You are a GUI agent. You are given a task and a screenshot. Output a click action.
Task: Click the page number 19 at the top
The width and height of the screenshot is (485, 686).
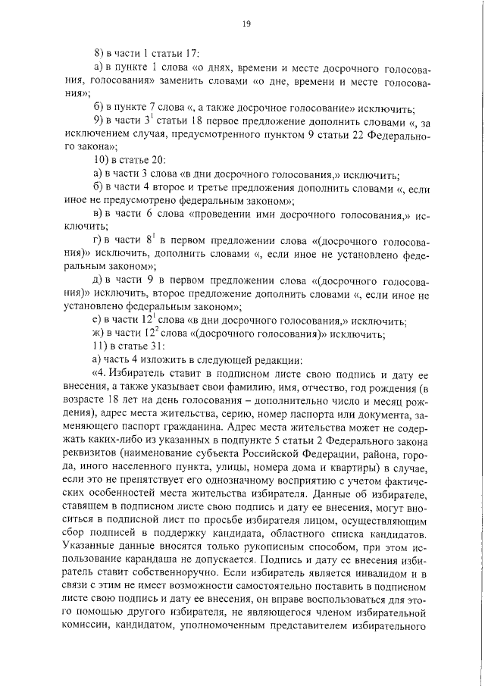point(246,25)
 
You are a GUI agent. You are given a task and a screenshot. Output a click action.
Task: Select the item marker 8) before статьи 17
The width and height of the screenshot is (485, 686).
point(98,53)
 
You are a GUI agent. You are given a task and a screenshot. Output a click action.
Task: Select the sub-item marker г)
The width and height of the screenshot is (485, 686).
point(95,240)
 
